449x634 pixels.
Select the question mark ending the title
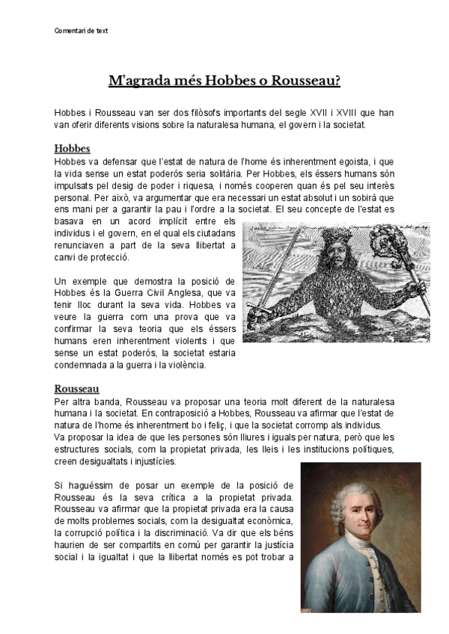click(x=337, y=79)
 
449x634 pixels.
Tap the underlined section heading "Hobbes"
click(x=73, y=148)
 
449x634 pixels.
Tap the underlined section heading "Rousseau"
click(x=78, y=389)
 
